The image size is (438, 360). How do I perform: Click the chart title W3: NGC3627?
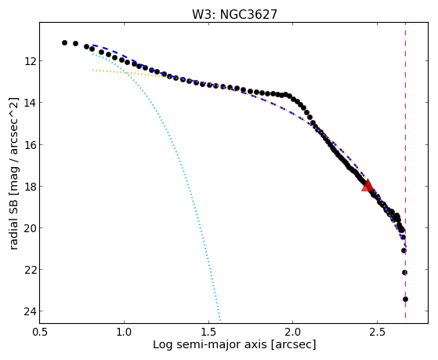pos(234,14)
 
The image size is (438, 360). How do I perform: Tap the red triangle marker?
pos(367,185)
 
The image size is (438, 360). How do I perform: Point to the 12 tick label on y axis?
pos(30,60)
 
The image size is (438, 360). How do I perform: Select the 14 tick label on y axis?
pos(30,103)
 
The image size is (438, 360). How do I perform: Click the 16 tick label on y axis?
pos(30,144)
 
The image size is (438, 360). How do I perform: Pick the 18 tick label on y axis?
pos(30,187)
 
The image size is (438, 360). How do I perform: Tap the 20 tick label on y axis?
pos(30,228)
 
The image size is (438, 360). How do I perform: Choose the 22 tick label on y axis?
pos(30,270)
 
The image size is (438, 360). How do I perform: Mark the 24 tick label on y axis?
pos(30,311)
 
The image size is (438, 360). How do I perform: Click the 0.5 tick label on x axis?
pos(40,332)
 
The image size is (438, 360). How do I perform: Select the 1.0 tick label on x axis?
pos(124,332)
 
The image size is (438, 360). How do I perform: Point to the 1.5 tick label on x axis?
pos(208,332)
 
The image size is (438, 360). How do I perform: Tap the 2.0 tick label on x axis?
pos(293,332)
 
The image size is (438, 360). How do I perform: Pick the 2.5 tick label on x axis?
pos(377,332)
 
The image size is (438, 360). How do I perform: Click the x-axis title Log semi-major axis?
pos(210,344)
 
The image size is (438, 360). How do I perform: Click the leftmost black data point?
pos(64,43)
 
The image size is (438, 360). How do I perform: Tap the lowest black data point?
pos(405,300)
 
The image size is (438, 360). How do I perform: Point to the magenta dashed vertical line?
pos(405,170)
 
